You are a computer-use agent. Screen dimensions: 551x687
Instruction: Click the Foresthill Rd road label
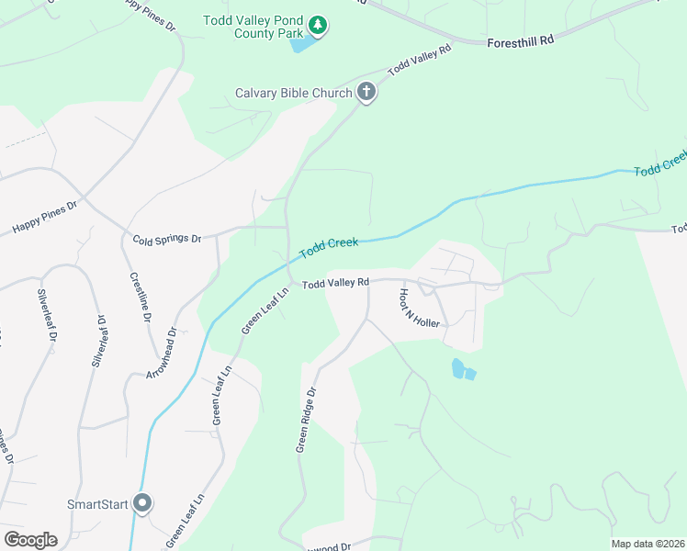tap(521, 40)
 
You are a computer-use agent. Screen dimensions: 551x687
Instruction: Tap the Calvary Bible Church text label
tap(294, 93)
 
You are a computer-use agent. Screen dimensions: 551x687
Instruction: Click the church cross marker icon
tap(366, 92)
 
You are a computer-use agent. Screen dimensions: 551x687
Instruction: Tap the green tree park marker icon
tap(317, 25)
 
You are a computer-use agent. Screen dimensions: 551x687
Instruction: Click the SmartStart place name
tap(96, 504)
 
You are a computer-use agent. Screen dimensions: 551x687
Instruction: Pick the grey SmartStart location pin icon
tap(142, 503)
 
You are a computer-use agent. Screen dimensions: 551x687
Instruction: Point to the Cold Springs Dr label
tap(166, 239)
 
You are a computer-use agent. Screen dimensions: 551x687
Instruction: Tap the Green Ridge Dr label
tap(306, 419)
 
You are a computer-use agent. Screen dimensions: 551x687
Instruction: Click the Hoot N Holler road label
tap(419, 308)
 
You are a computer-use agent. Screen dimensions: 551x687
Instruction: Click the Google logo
tap(30, 540)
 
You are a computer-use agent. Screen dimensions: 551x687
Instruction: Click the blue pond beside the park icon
tap(299, 42)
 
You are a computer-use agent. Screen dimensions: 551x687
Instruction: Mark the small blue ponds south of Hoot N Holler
tap(463, 370)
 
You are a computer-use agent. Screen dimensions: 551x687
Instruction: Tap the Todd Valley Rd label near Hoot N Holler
tap(335, 282)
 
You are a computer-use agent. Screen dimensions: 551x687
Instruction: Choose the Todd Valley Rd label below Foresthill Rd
tap(420, 61)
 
